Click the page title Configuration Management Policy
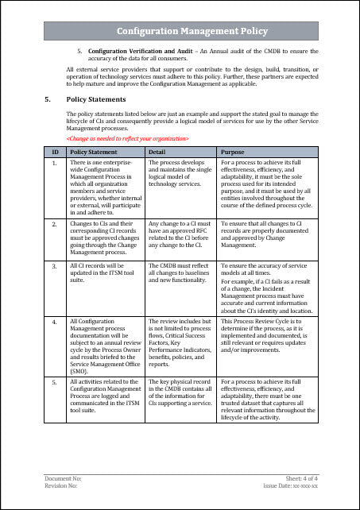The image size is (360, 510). (180, 31)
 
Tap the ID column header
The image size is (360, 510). (54, 150)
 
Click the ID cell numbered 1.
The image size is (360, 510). (54, 162)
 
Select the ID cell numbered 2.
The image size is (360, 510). (54, 225)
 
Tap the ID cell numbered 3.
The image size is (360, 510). (54, 261)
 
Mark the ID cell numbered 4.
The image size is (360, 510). (54, 321)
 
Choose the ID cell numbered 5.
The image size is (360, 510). (54, 382)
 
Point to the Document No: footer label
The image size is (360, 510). (62, 480)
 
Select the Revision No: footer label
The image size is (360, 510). (61, 487)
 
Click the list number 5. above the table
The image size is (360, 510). (79, 51)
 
